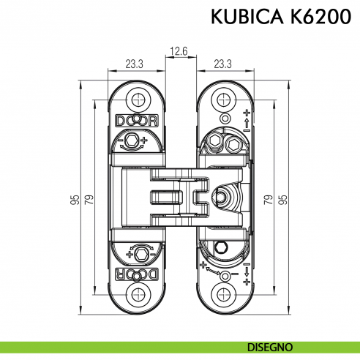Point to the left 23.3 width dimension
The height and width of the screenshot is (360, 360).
(134, 64)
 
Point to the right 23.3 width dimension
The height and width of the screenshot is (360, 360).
(224, 64)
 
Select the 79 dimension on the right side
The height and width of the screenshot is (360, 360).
(268, 199)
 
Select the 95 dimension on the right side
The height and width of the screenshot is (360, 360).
(282, 199)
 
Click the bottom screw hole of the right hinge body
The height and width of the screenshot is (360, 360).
(224, 293)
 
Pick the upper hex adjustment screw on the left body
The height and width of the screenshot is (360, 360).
(132, 140)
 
